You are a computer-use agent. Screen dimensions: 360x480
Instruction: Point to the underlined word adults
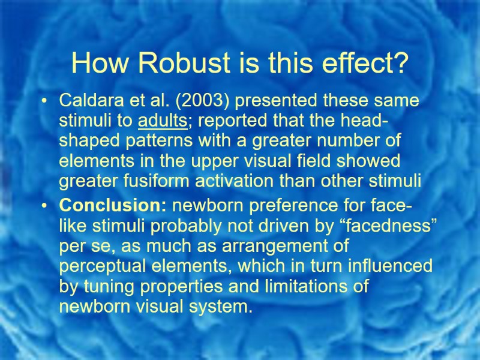coord(163,121)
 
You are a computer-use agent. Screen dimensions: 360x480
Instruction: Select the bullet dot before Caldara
coord(46,101)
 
